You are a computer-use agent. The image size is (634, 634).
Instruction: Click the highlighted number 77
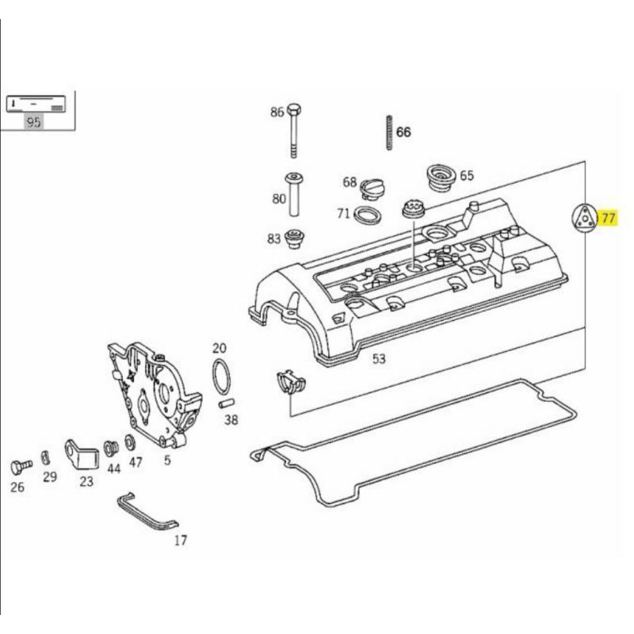click(x=608, y=219)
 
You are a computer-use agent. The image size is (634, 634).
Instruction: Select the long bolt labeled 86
click(x=294, y=130)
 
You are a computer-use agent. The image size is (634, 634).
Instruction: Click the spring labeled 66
click(x=390, y=133)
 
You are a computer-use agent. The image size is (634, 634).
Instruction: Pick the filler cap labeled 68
click(x=372, y=189)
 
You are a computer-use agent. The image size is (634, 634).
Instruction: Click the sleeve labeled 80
click(x=294, y=194)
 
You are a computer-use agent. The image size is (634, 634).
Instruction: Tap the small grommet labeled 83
click(x=294, y=239)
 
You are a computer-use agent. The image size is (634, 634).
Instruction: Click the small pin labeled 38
click(x=227, y=403)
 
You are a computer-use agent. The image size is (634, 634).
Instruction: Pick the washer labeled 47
click(x=130, y=442)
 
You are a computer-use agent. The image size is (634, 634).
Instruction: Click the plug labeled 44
click(x=110, y=449)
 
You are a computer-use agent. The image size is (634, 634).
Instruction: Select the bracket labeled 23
click(x=82, y=454)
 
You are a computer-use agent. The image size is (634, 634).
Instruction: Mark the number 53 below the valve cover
click(x=379, y=359)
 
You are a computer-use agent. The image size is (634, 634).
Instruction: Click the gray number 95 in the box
click(x=34, y=121)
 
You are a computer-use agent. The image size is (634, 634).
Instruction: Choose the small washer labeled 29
click(x=45, y=457)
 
